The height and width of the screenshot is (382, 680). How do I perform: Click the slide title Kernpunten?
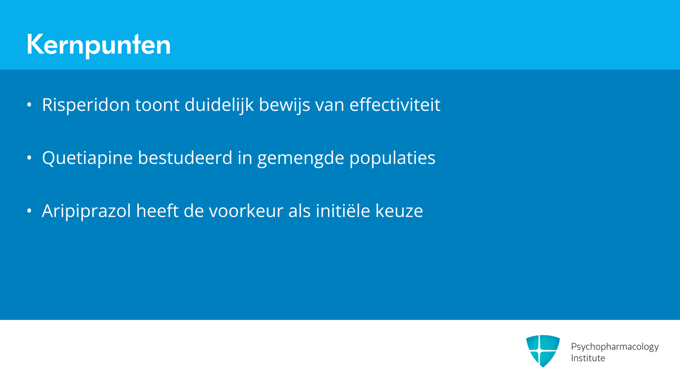coord(98,45)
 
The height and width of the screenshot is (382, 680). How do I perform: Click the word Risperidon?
coord(86,105)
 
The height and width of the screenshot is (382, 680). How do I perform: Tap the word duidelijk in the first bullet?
coord(219,105)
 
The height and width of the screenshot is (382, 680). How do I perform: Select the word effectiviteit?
coord(395,105)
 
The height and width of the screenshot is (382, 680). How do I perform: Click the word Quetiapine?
coord(87,158)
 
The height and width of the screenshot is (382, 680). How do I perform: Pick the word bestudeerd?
coord(185,158)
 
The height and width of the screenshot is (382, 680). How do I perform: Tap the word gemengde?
coord(301,158)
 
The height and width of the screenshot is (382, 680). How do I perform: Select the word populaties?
coord(392,158)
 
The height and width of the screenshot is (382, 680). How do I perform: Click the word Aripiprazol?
coord(86,211)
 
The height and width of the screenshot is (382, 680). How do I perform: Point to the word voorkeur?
coord(246,211)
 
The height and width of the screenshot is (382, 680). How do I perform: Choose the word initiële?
coord(343,211)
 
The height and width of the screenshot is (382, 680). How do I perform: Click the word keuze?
coord(399,211)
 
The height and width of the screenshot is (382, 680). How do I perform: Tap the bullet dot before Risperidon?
coord(29,105)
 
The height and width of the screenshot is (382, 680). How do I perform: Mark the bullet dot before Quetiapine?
coord(29,158)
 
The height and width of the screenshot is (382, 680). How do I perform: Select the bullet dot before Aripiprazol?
coord(29,211)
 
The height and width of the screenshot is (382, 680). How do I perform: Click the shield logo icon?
coord(543,351)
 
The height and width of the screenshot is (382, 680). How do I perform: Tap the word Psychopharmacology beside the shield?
coord(615,347)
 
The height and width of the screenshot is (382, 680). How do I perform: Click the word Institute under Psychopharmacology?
coord(588,358)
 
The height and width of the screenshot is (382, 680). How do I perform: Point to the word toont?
coord(157,105)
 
